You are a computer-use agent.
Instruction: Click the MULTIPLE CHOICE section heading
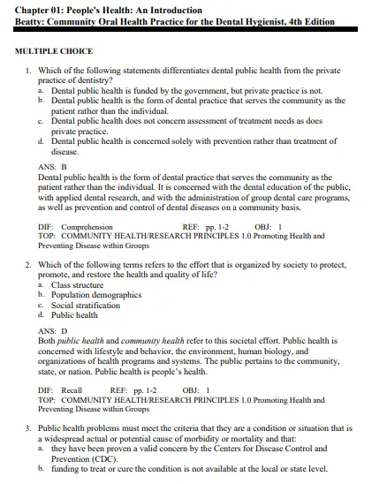coord(54,51)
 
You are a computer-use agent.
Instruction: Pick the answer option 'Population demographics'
coord(96,295)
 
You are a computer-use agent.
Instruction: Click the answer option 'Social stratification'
coord(86,305)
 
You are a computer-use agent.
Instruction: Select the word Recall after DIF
coord(72,389)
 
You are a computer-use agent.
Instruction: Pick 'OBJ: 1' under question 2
coord(195,389)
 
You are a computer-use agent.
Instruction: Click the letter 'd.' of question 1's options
coord(42,140)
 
